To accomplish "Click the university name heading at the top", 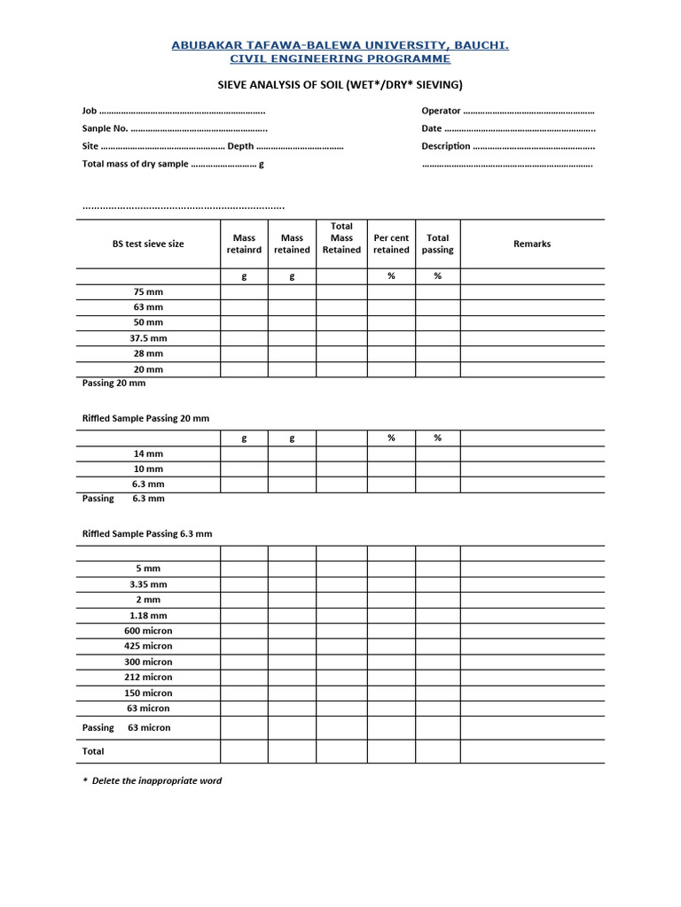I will [x=340, y=44].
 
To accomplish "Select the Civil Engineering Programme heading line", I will [x=340, y=58].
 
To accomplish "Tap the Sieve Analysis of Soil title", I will [x=340, y=85].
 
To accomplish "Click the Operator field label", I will [x=441, y=111].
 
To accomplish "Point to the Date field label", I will [x=432, y=128].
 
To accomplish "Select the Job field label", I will [x=89, y=111].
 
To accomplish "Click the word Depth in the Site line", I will [x=240, y=146].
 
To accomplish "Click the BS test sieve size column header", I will [x=148, y=244].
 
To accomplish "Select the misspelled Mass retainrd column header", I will [x=244, y=244].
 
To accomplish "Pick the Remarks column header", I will [x=532, y=244].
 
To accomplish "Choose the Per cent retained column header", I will [x=391, y=244].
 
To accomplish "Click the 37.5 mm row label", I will [x=148, y=338].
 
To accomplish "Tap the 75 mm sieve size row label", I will [x=148, y=291].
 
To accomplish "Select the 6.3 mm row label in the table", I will [x=148, y=485].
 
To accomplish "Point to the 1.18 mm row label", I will [x=148, y=615].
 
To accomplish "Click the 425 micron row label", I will [x=148, y=646].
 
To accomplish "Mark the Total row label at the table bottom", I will [x=93, y=751].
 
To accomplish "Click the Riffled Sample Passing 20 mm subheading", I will [x=146, y=418].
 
